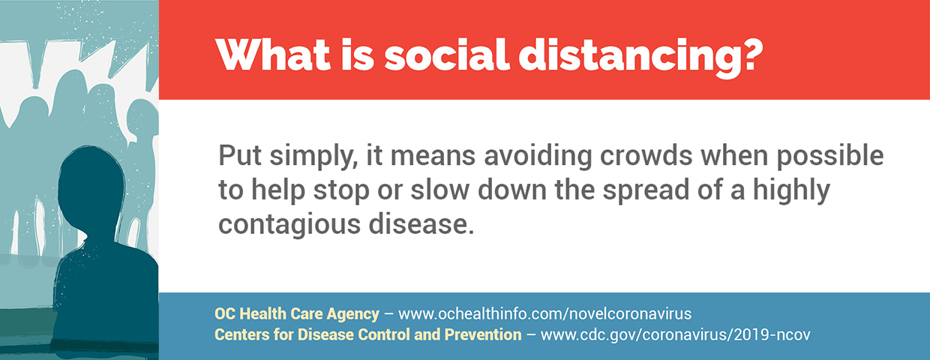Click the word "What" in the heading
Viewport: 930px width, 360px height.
point(272,55)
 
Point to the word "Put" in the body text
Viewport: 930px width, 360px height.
point(240,155)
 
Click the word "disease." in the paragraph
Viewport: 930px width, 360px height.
point(421,223)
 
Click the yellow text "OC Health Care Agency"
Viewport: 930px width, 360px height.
point(297,314)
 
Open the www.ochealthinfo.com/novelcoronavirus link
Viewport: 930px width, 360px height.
point(544,313)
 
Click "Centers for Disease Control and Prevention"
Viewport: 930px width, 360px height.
point(367,334)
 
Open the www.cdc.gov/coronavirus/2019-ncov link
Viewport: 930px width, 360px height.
point(675,334)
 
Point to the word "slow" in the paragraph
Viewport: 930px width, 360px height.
point(439,189)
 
